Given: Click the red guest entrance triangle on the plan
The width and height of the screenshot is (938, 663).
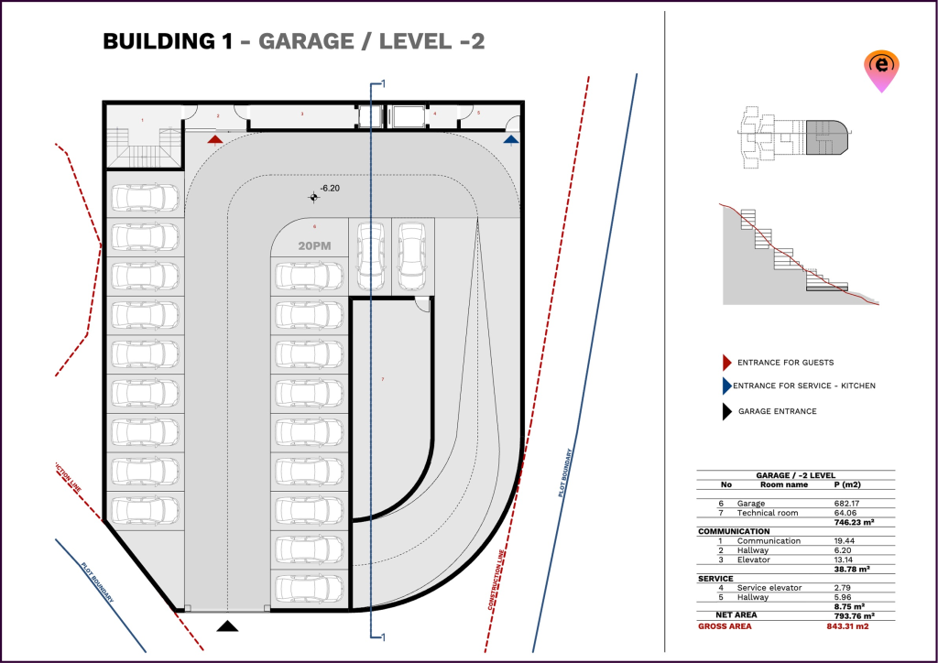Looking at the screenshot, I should coord(214,139).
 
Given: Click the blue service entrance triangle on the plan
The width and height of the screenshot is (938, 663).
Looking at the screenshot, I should coord(511,139).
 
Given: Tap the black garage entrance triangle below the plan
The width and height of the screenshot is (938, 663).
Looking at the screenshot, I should coord(227,626).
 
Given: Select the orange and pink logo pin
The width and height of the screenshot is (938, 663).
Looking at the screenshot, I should coord(880,71).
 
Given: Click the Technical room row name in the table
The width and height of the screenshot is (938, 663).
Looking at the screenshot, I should coord(769,513).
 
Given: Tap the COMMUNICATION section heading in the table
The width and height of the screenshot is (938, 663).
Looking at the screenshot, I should coord(734,531).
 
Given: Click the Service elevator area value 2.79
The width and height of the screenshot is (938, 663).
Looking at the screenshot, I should coord(844,588).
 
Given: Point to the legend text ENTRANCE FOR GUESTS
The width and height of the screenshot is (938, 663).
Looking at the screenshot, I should coord(785,363).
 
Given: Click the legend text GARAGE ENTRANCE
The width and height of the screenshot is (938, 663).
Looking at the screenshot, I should coord(778,411).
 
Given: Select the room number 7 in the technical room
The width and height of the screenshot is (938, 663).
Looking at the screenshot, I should coord(383,379).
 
